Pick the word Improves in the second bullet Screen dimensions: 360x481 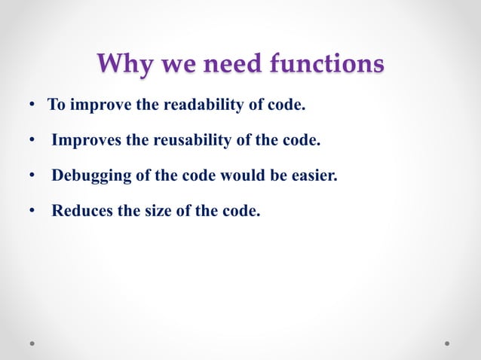point(82,140)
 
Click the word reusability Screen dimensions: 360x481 point(176,140)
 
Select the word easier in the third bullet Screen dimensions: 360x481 point(314,175)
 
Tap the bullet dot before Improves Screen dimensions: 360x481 point(33,141)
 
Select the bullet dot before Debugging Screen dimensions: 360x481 point(33,176)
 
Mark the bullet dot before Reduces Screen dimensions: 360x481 point(33,212)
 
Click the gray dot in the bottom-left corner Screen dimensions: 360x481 point(33,343)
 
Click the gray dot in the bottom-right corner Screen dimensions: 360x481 point(447,343)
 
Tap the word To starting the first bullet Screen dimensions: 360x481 point(57,105)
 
